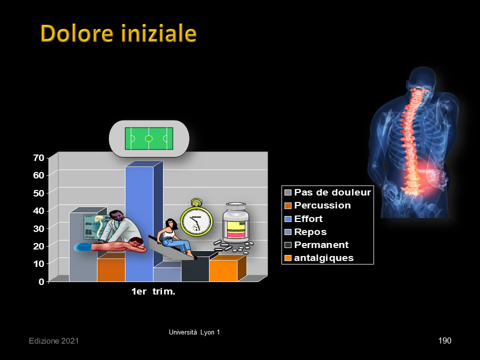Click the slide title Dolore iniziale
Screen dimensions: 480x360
click(118, 33)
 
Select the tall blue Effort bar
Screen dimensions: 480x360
click(139, 224)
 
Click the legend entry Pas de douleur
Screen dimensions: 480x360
click(332, 192)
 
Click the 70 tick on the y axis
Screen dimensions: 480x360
click(39, 157)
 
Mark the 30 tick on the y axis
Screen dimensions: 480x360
click(39, 228)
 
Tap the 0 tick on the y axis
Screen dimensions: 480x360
click(41, 281)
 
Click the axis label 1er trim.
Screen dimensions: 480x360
click(153, 291)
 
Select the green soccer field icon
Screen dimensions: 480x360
click(149, 138)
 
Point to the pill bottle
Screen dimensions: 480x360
click(235, 222)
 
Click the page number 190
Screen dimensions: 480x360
click(445, 340)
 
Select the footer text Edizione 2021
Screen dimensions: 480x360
click(54, 341)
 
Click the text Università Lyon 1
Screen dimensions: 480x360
click(194, 332)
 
